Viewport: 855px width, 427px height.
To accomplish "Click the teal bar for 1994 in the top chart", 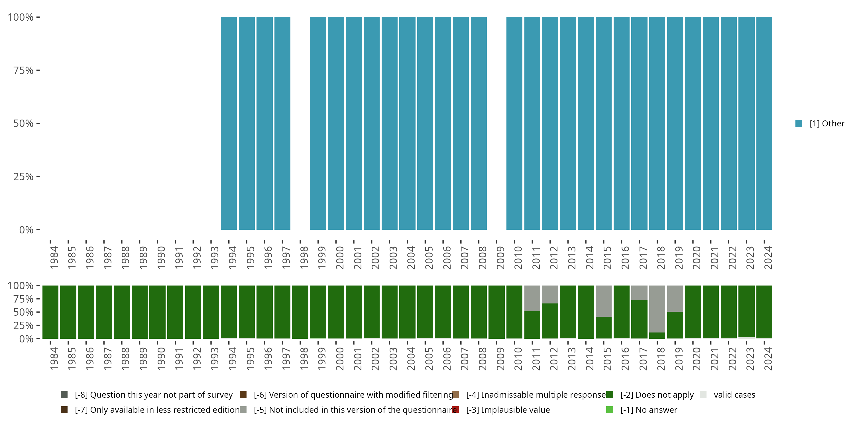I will coord(229,123).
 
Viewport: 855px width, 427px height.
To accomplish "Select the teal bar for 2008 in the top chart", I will coord(479,123).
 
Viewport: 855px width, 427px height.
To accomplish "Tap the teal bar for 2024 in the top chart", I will coord(764,123).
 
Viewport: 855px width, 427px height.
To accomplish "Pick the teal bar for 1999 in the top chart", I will coord(318,123).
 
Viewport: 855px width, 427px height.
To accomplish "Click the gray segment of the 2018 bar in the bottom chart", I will coord(657,309).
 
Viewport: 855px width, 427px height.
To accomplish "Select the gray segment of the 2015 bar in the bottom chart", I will coord(603,301).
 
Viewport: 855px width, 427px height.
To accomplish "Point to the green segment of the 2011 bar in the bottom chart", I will coord(532,325).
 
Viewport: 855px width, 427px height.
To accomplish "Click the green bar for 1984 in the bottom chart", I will coord(50,312).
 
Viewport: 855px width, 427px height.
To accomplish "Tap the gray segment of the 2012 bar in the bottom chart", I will coord(550,294).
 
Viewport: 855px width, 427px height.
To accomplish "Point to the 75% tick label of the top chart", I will coord(23,70).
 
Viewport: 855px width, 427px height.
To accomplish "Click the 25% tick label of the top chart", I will coord(23,177).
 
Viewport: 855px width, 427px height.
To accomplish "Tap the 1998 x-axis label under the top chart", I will coord(304,258).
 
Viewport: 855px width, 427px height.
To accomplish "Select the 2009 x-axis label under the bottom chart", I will coord(500,359).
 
